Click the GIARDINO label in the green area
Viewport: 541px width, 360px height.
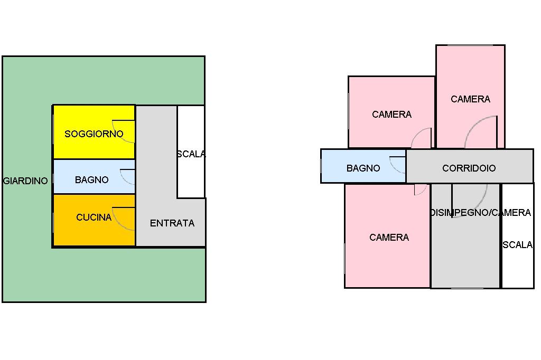[25, 181]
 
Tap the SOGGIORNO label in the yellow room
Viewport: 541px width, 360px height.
[94, 134]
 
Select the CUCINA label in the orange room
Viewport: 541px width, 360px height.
[94, 217]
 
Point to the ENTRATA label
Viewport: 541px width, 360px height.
[172, 223]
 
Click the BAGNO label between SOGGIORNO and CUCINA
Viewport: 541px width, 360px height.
[92, 179]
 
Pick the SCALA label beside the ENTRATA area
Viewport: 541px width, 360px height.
[191, 154]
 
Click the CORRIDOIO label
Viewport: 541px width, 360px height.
[469, 168]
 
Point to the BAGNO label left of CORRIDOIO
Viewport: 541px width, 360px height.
[363, 168]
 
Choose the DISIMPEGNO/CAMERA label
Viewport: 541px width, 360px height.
[480, 212]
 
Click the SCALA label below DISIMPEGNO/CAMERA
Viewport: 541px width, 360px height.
[518, 245]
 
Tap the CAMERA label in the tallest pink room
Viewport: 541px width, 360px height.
[470, 99]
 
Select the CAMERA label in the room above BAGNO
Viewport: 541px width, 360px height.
[391, 114]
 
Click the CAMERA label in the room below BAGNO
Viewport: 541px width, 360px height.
[389, 237]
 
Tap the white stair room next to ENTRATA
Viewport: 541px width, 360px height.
[191, 151]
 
